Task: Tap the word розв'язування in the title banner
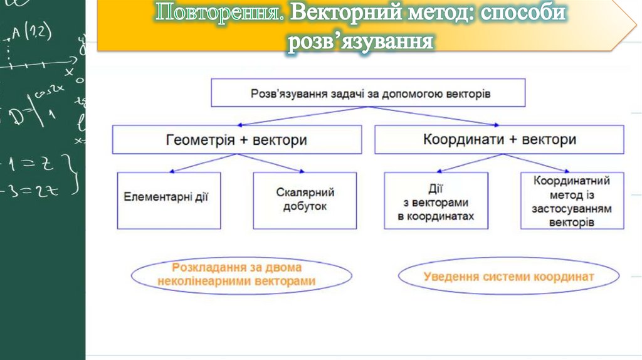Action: pyautogui.click(x=360, y=43)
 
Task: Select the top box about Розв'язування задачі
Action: pyautogui.click(x=368, y=93)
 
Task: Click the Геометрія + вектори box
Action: pyautogui.click(x=237, y=139)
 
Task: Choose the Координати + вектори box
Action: pyautogui.click(x=499, y=139)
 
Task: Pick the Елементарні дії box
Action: pyautogui.click(x=169, y=199)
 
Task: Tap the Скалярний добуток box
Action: pyautogui.click(x=305, y=199)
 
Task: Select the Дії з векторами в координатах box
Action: pyautogui.click(x=436, y=199)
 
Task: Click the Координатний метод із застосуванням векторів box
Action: pyautogui.click(x=572, y=199)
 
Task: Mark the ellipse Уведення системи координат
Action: pyautogui.click(x=508, y=276)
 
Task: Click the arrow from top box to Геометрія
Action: pyautogui.click(x=295, y=116)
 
